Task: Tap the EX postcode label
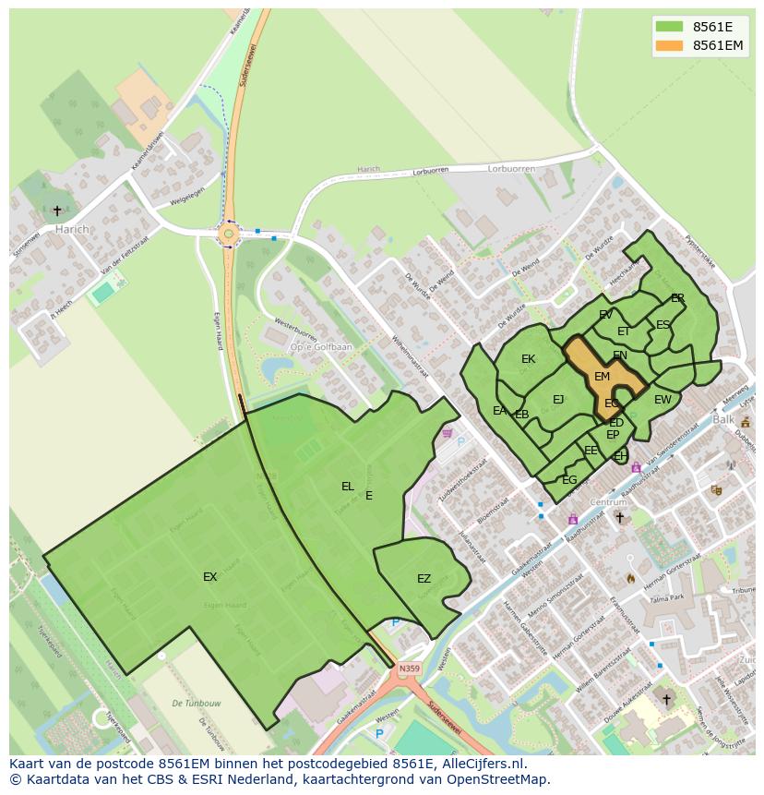coord(210,577)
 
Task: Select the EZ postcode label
coord(424,579)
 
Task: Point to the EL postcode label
coord(348,486)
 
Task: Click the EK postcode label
coord(528,359)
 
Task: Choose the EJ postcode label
coord(558,400)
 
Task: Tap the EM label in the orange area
coord(602,377)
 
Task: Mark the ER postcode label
coord(677,298)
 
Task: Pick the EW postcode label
coord(663,400)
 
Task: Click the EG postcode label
coord(569,479)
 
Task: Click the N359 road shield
coord(409,669)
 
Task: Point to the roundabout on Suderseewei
coord(228,234)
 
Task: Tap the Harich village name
coord(72,229)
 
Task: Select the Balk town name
coord(723,419)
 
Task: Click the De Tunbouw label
coord(190,704)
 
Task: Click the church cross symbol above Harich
coord(57,211)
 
